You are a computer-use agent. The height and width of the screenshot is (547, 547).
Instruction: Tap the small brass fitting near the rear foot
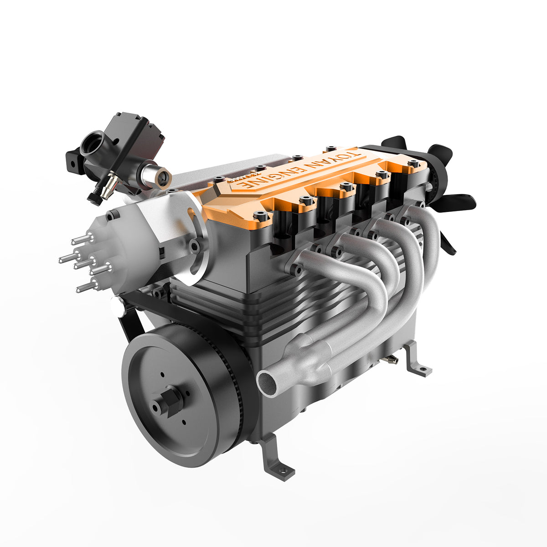[390, 360]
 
